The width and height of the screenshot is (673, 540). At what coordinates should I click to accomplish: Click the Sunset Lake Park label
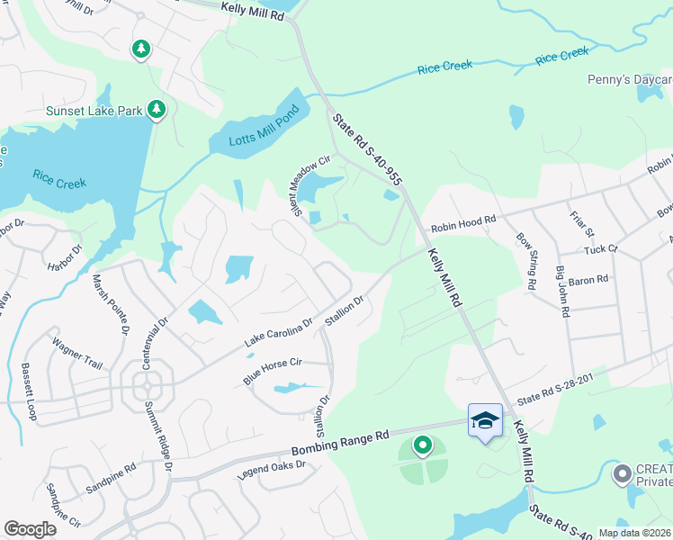[94, 111]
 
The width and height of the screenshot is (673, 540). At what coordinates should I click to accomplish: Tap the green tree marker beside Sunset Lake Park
[157, 110]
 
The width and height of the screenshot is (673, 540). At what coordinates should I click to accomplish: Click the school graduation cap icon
[485, 420]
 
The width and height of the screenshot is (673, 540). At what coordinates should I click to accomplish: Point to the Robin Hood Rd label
[462, 224]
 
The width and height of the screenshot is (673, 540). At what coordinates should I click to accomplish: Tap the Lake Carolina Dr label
[278, 333]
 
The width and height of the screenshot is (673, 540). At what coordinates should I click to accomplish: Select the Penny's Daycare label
[629, 80]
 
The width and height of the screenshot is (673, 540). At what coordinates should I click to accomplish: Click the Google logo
[30, 529]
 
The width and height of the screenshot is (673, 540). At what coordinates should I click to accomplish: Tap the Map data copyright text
[634, 533]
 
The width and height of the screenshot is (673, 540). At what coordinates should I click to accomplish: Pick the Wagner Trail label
[78, 355]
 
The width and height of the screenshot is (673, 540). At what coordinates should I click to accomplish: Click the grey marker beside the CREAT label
[621, 472]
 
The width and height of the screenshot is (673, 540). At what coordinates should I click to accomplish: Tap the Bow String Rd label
[527, 262]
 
